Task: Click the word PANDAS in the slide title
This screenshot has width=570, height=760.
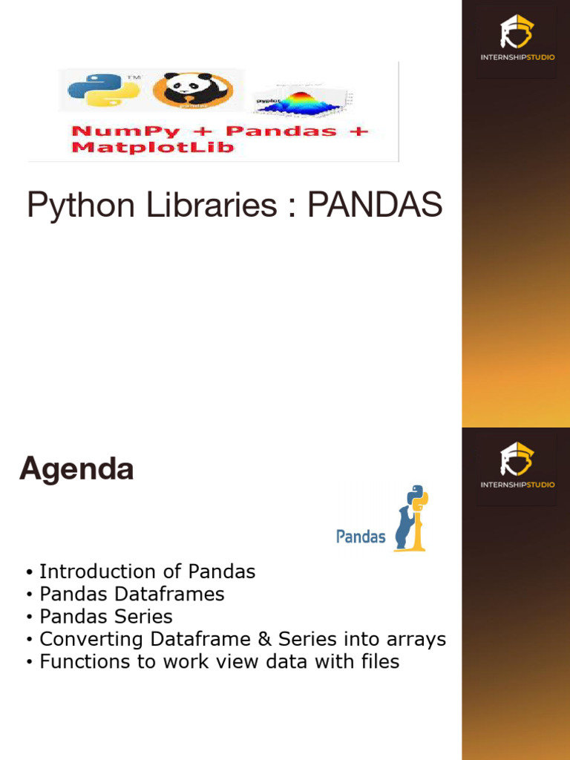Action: point(375,204)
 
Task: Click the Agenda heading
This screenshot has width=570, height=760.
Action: point(76,469)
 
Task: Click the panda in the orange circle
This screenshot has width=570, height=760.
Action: point(192,91)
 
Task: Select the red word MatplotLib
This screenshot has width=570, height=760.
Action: point(152,147)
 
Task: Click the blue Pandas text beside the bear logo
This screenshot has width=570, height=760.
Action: point(361,536)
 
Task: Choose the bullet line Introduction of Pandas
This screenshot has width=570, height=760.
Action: point(147,571)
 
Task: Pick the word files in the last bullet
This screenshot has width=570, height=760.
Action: point(378,661)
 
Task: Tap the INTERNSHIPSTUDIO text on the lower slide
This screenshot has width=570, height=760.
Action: point(517,485)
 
